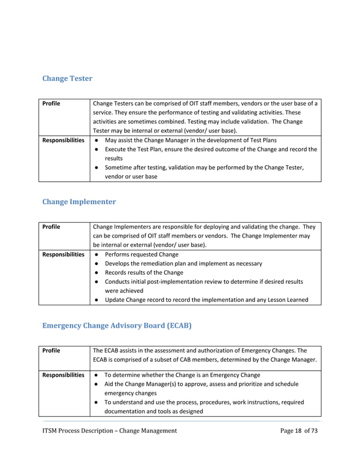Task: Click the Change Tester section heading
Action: (x=67, y=78)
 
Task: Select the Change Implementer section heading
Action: (x=79, y=201)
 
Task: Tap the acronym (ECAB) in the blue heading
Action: (x=178, y=325)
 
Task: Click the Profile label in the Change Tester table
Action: (x=51, y=104)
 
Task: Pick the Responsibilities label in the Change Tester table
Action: (x=64, y=140)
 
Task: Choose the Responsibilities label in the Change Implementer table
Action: (x=64, y=254)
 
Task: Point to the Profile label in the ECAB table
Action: (x=51, y=350)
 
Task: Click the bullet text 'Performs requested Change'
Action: (x=142, y=254)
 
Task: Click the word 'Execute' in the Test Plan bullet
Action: (x=117, y=149)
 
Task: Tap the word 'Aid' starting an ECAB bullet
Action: (x=111, y=384)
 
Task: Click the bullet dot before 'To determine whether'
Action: (x=96, y=375)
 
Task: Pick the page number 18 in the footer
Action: (x=297, y=431)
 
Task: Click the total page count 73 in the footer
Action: (x=314, y=431)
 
